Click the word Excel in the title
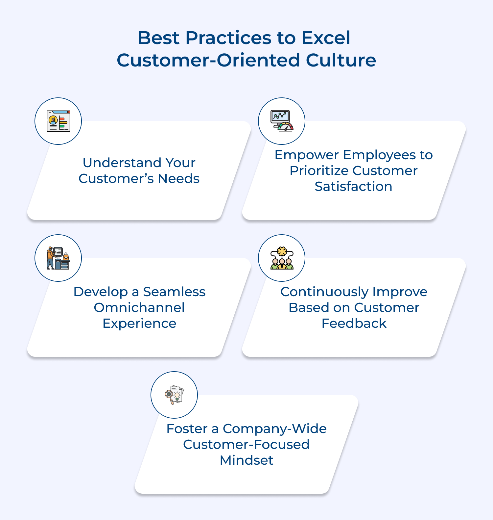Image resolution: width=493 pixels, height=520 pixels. click(x=326, y=38)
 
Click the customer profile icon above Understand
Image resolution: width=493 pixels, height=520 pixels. click(x=58, y=121)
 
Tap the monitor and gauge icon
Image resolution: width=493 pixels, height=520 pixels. click(x=282, y=121)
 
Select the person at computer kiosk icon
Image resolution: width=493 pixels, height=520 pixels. click(x=58, y=258)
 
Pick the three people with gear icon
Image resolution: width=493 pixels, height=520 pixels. click(x=282, y=258)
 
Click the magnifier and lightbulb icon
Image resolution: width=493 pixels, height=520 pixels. click(x=174, y=395)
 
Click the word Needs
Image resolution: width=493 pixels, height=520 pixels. click(x=178, y=178)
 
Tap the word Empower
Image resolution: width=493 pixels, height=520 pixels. click(x=307, y=155)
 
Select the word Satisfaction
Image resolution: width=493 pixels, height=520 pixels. click(x=353, y=187)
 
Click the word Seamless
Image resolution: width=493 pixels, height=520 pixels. click(x=174, y=292)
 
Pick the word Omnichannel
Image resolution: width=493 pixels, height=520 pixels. click(x=139, y=308)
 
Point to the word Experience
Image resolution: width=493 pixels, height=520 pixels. click(x=139, y=324)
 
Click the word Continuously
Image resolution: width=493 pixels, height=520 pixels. click(x=324, y=292)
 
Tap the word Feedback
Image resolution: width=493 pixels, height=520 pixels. click(x=354, y=324)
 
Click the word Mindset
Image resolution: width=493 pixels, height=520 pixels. click(x=246, y=460)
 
